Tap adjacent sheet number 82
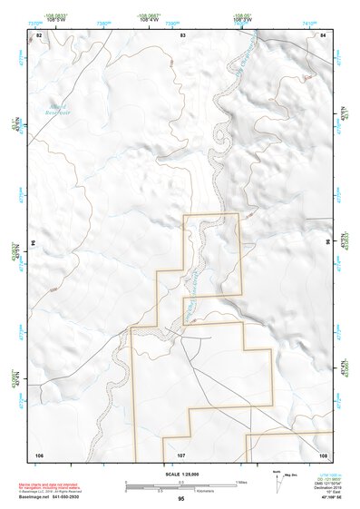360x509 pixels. (39, 34)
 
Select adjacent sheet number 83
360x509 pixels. (182, 34)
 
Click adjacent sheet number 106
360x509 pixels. (39, 455)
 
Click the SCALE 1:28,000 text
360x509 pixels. (180, 474)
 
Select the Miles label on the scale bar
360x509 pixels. (241, 481)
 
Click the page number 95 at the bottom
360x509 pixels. (181, 500)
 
